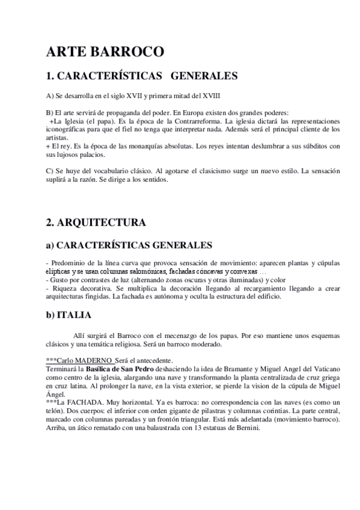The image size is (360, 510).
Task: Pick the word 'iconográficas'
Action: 66,129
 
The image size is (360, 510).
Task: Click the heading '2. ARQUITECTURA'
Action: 96,223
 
